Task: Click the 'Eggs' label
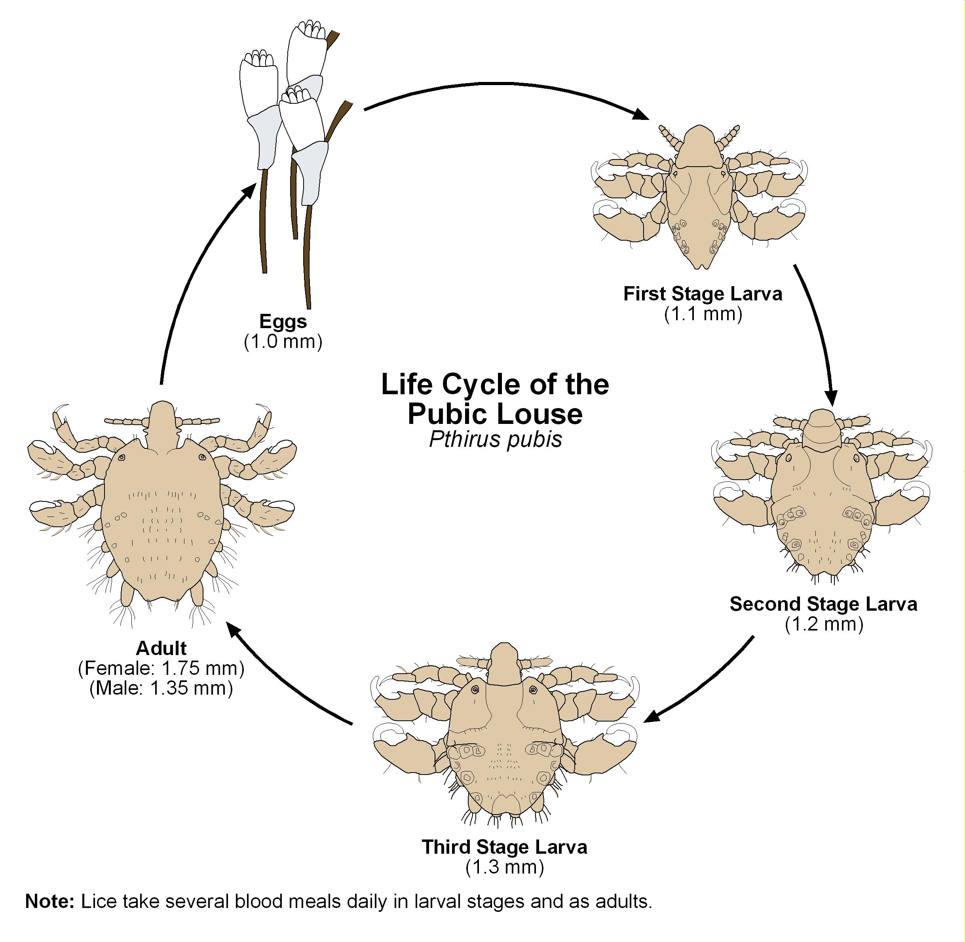coord(283,321)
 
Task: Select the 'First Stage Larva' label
coord(703,294)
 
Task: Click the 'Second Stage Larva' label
coord(823,604)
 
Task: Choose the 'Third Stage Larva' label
coord(504,847)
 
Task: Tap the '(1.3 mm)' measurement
coord(504,867)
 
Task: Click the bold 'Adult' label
coord(161,648)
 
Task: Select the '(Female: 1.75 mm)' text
coord(161,669)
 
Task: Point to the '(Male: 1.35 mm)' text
coord(161,688)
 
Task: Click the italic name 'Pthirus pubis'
coord(496,439)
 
